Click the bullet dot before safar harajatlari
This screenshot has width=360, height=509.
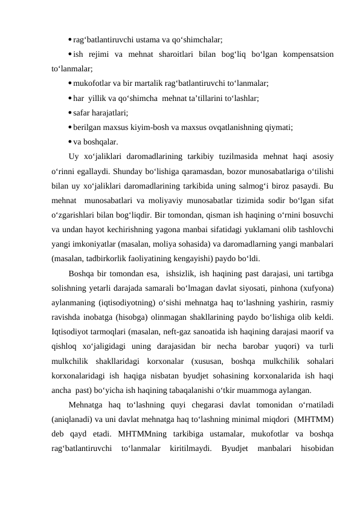coord(71,112)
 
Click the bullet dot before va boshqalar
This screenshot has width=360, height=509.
coord(71,141)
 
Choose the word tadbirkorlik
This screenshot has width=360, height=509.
coord(113,256)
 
